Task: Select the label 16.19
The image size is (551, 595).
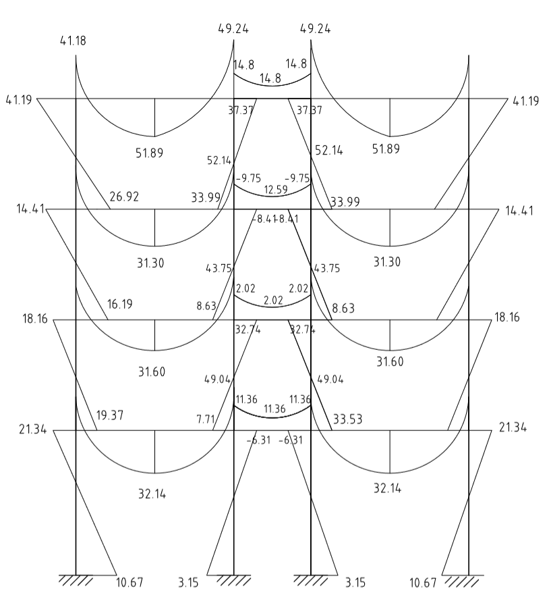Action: pos(119,305)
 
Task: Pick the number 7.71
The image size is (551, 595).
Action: pos(206,419)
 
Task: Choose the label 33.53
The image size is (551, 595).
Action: pos(347,419)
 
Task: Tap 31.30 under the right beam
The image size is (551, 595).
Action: pos(387,261)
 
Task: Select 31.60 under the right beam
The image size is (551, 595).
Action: pos(390,362)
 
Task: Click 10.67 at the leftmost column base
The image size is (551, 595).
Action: pos(129,582)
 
